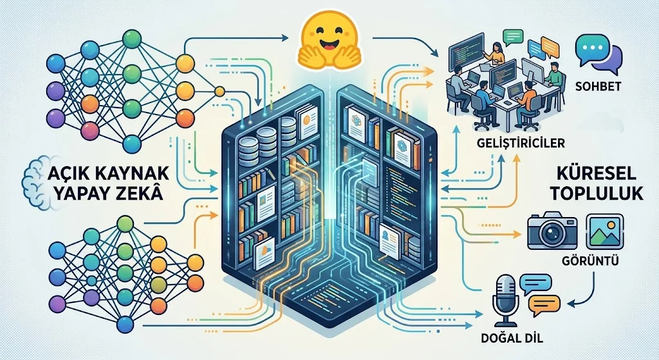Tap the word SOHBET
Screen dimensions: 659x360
pos(598,86)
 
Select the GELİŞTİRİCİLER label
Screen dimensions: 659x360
pos(521,143)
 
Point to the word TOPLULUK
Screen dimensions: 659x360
pos(597,193)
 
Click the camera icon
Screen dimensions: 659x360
pos(552,231)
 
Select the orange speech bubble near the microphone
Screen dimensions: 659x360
pos(544,305)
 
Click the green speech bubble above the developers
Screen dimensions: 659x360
pos(513,37)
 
